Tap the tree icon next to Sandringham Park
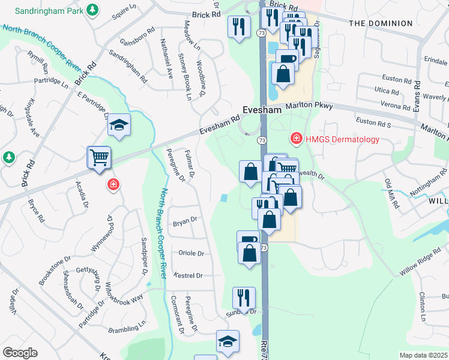[92, 10]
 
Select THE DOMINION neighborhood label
[381, 23]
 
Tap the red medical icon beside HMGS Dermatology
[296, 139]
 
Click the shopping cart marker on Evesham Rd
[99, 157]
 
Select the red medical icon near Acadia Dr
[112, 184]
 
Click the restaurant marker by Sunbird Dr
[244, 296]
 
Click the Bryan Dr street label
[185, 221]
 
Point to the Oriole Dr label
[191, 253]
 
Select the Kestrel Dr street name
[188, 275]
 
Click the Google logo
[20, 353]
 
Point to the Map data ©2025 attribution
[424, 355]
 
